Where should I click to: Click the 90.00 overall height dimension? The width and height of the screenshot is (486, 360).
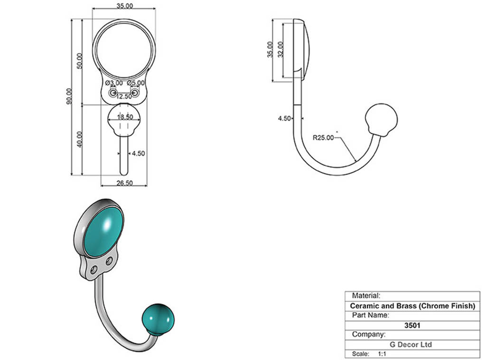pyautogui.click(x=69, y=96)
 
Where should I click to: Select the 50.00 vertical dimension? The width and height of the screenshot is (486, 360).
pyautogui.click(x=80, y=61)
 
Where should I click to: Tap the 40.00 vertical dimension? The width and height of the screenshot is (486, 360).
pyautogui.click(x=80, y=139)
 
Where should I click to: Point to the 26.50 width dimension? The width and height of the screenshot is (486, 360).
pyautogui.click(x=125, y=183)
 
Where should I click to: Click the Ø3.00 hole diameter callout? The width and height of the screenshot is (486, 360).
pyautogui.click(x=114, y=83)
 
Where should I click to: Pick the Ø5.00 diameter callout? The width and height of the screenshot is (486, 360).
pyautogui.click(x=136, y=83)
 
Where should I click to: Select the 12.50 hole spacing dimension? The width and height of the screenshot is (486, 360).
pyautogui.click(x=124, y=96)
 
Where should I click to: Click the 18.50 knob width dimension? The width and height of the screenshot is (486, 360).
pyautogui.click(x=125, y=117)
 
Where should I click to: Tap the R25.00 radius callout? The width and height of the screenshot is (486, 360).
pyautogui.click(x=323, y=138)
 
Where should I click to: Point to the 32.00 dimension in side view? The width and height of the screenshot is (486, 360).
pyautogui.click(x=280, y=49)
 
